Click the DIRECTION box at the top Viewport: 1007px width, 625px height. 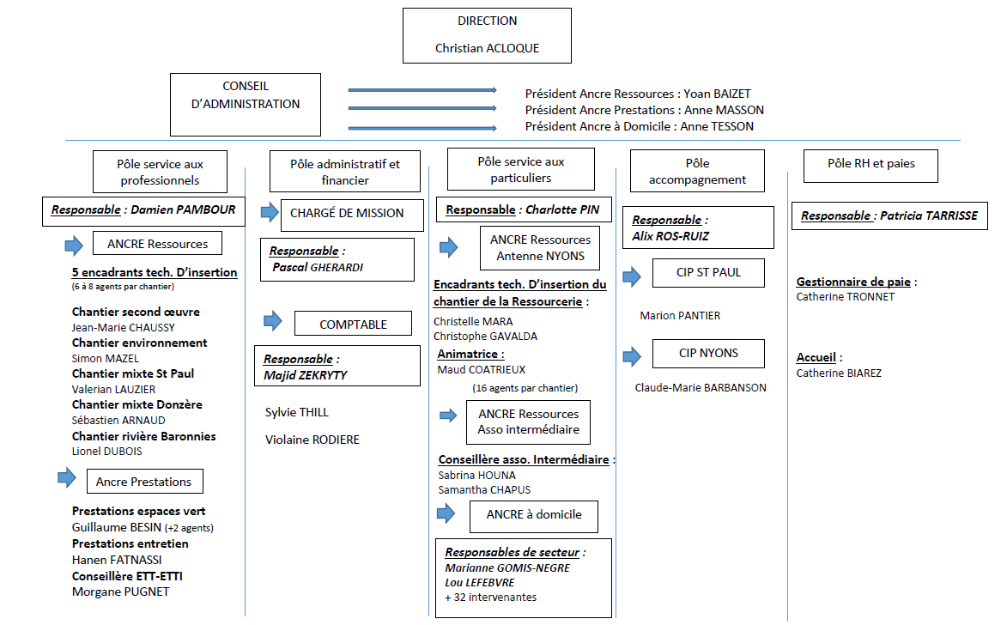487,35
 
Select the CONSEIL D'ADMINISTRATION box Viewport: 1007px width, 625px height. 246,104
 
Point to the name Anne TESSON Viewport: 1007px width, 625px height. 717,126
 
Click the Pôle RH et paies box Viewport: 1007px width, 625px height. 871,166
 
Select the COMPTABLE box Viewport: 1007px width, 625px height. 353,324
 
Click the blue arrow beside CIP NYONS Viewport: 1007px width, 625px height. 632,356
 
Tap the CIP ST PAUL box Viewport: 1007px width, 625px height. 708,273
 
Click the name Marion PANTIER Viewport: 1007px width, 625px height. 680,315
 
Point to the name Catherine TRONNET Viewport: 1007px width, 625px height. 845,297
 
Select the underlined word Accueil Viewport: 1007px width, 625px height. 816,358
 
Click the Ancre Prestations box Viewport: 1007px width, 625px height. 144,481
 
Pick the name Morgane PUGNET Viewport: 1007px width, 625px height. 121,592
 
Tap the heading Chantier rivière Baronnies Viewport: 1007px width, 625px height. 144,436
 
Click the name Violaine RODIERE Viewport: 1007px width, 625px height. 312,440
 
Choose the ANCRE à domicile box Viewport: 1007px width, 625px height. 534,517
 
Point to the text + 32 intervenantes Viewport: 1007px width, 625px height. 491,598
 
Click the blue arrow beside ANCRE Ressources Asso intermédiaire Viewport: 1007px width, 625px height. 448,416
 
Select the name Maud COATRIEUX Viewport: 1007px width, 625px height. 481,370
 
